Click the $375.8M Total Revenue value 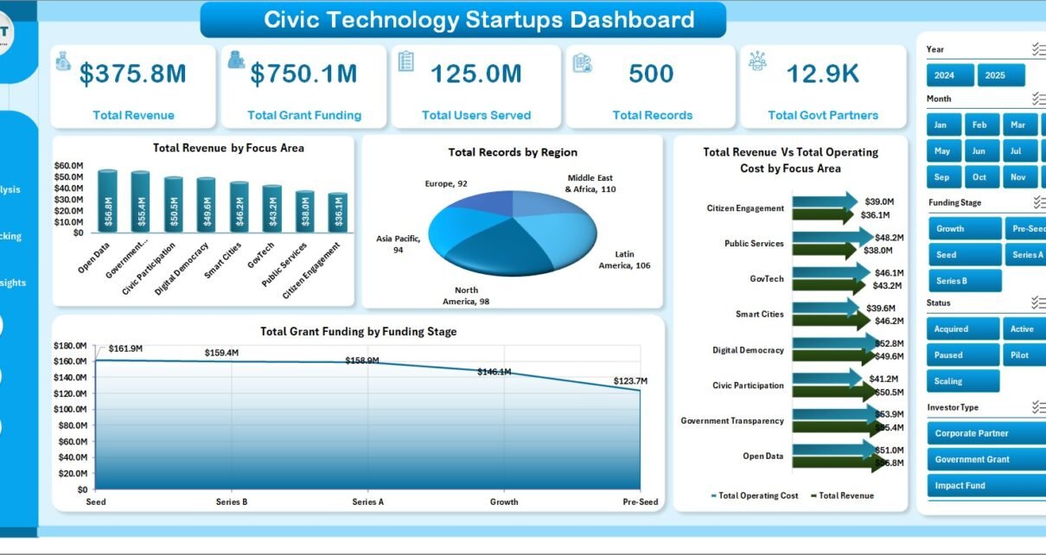pos(132,74)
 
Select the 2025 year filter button pos(1001,75)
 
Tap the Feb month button pos(979,124)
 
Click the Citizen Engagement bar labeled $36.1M pos(338,212)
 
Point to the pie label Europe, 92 pos(446,183)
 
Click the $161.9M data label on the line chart pos(125,348)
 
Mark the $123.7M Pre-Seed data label pos(630,380)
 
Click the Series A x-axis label pos(367,501)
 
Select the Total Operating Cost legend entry pos(755,495)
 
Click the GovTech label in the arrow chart pos(767,278)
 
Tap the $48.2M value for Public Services pos(889,238)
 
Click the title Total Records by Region pos(513,152)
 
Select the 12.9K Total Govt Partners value pos(822,74)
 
